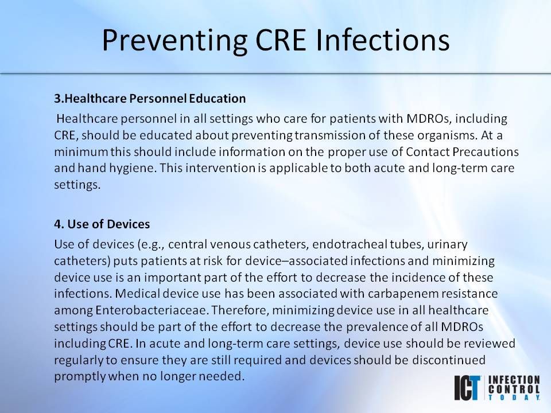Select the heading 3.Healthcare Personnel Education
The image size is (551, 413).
(150, 98)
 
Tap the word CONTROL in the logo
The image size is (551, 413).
(514, 388)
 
